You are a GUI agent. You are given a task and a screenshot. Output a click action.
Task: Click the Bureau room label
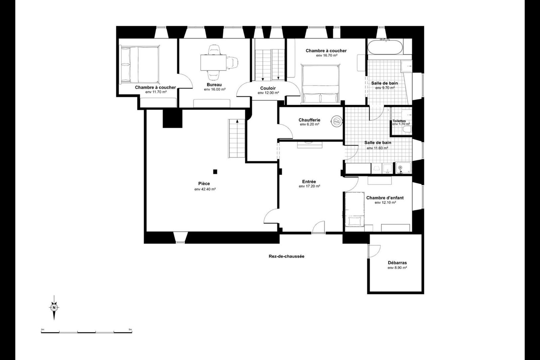(x=214, y=85)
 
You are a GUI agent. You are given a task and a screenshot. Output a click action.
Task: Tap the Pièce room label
(x=204, y=184)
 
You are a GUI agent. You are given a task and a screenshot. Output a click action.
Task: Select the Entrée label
(x=309, y=182)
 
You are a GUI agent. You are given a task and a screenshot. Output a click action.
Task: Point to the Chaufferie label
(x=309, y=120)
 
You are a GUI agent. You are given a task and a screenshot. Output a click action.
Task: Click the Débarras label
(x=397, y=263)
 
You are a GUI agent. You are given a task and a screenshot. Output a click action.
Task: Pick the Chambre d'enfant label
(x=385, y=198)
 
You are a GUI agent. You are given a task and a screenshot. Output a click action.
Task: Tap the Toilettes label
(x=399, y=121)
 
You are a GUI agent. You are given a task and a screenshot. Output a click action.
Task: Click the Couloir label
(x=268, y=88)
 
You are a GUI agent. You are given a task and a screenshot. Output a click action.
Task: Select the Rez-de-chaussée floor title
(x=286, y=256)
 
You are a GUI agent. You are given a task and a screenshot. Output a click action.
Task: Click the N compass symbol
(x=54, y=307)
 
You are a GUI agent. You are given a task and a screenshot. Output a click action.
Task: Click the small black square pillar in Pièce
(x=215, y=172)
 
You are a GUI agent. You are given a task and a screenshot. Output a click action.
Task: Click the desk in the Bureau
(x=213, y=63)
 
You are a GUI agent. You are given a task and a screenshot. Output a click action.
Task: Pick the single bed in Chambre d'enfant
(x=354, y=209)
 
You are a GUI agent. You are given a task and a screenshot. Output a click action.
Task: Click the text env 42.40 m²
(x=205, y=189)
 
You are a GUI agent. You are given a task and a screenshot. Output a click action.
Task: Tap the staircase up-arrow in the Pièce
(x=237, y=121)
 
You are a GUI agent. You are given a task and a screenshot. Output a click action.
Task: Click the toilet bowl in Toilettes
(x=408, y=130)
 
